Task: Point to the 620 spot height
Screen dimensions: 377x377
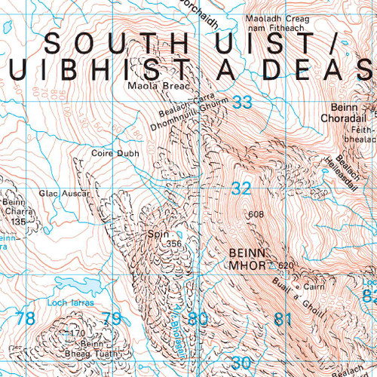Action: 284,265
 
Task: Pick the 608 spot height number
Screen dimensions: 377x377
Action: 256,214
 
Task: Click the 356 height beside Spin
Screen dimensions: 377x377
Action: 175,243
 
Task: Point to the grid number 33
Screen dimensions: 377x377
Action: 243,103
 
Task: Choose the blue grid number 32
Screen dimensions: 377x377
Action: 241,189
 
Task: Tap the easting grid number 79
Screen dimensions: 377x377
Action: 112,319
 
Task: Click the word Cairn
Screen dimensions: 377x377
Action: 314,287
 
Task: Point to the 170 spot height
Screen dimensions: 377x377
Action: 76,333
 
